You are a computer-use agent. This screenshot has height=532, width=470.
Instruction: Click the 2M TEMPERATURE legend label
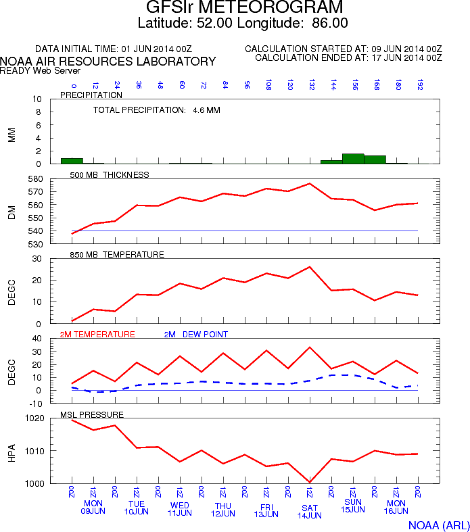coord(98,334)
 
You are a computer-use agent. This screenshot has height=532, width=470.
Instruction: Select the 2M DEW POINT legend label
coord(196,334)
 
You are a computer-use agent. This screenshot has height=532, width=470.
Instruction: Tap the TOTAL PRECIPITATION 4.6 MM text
coord(156,110)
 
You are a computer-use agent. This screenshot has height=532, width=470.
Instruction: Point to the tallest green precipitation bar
coord(353,159)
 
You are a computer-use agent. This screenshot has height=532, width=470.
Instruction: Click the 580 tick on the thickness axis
coord(49,179)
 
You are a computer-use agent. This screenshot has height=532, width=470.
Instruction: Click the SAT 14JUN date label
coord(310,511)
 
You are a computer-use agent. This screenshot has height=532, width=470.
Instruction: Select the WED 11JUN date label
coord(180,509)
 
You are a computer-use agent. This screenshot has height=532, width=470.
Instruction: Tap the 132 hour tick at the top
coord(311,85)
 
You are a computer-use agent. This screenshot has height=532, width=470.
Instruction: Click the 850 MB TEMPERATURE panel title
coord(117,254)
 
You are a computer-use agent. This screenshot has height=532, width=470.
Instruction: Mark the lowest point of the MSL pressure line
coord(310,482)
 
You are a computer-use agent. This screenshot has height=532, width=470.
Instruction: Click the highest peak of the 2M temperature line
coord(310,347)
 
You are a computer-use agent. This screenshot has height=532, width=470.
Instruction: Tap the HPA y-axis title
coord(11,451)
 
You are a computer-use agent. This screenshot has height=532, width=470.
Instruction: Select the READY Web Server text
coord(40,70)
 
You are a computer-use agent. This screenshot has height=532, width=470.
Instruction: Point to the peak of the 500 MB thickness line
coord(310,183)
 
